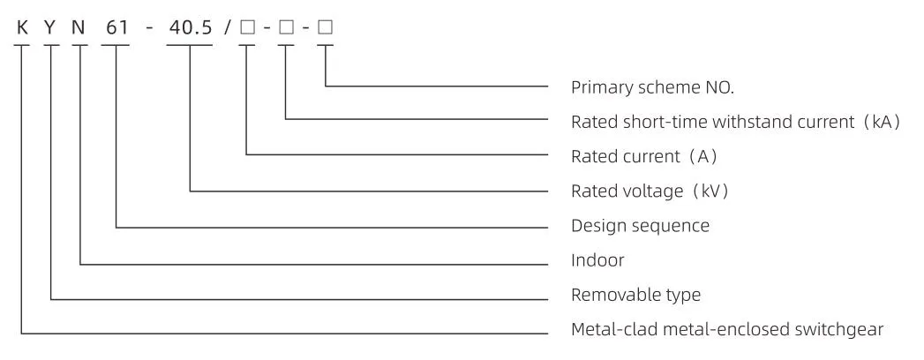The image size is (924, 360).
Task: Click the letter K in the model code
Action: click(22, 27)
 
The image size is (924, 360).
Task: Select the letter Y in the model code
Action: click(51, 27)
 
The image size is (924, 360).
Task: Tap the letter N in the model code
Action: click(79, 27)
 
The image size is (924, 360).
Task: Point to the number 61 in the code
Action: click(116, 27)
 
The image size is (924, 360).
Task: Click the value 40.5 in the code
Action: click(190, 27)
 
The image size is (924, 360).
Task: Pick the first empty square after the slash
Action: click(247, 27)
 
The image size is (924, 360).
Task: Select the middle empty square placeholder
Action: click(286, 27)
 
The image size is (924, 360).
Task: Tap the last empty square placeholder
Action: click(326, 27)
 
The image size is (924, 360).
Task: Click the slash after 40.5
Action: click(228, 27)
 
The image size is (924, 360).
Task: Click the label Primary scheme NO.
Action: click(653, 87)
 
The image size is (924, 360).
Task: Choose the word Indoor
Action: click(597, 259)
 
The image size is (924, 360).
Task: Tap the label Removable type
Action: click(635, 294)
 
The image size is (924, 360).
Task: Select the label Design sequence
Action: click(640, 226)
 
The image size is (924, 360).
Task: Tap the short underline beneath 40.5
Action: click(190, 45)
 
